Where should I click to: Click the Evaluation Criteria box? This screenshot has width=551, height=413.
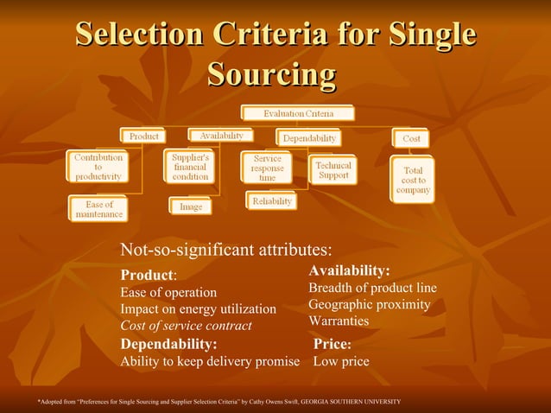tap(297, 113)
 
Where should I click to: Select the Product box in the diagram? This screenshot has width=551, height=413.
tap(143, 136)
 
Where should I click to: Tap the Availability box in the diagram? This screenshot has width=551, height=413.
tap(221, 136)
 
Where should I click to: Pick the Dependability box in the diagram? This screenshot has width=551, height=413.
tap(308, 138)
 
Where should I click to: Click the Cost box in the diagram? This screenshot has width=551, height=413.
tap(411, 138)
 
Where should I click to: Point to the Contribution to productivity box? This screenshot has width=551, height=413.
tap(98, 166)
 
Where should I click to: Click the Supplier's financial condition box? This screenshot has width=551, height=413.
tap(190, 166)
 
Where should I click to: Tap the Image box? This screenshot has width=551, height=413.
tap(190, 207)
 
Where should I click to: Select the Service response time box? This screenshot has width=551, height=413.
tap(268, 168)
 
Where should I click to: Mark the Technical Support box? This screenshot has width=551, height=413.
tap(333, 169)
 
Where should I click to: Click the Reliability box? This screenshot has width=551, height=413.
tap(272, 201)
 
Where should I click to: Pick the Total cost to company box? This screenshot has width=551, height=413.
tap(414, 180)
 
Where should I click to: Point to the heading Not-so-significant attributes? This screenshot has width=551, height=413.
tap(226, 251)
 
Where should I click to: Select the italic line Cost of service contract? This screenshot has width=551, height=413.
tap(186, 326)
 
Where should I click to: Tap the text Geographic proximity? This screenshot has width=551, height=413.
tap(369, 304)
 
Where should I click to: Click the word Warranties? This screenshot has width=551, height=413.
tap(339, 321)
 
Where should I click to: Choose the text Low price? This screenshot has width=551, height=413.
tap(340, 361)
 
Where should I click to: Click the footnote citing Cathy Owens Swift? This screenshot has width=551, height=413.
tap(218, 402)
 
